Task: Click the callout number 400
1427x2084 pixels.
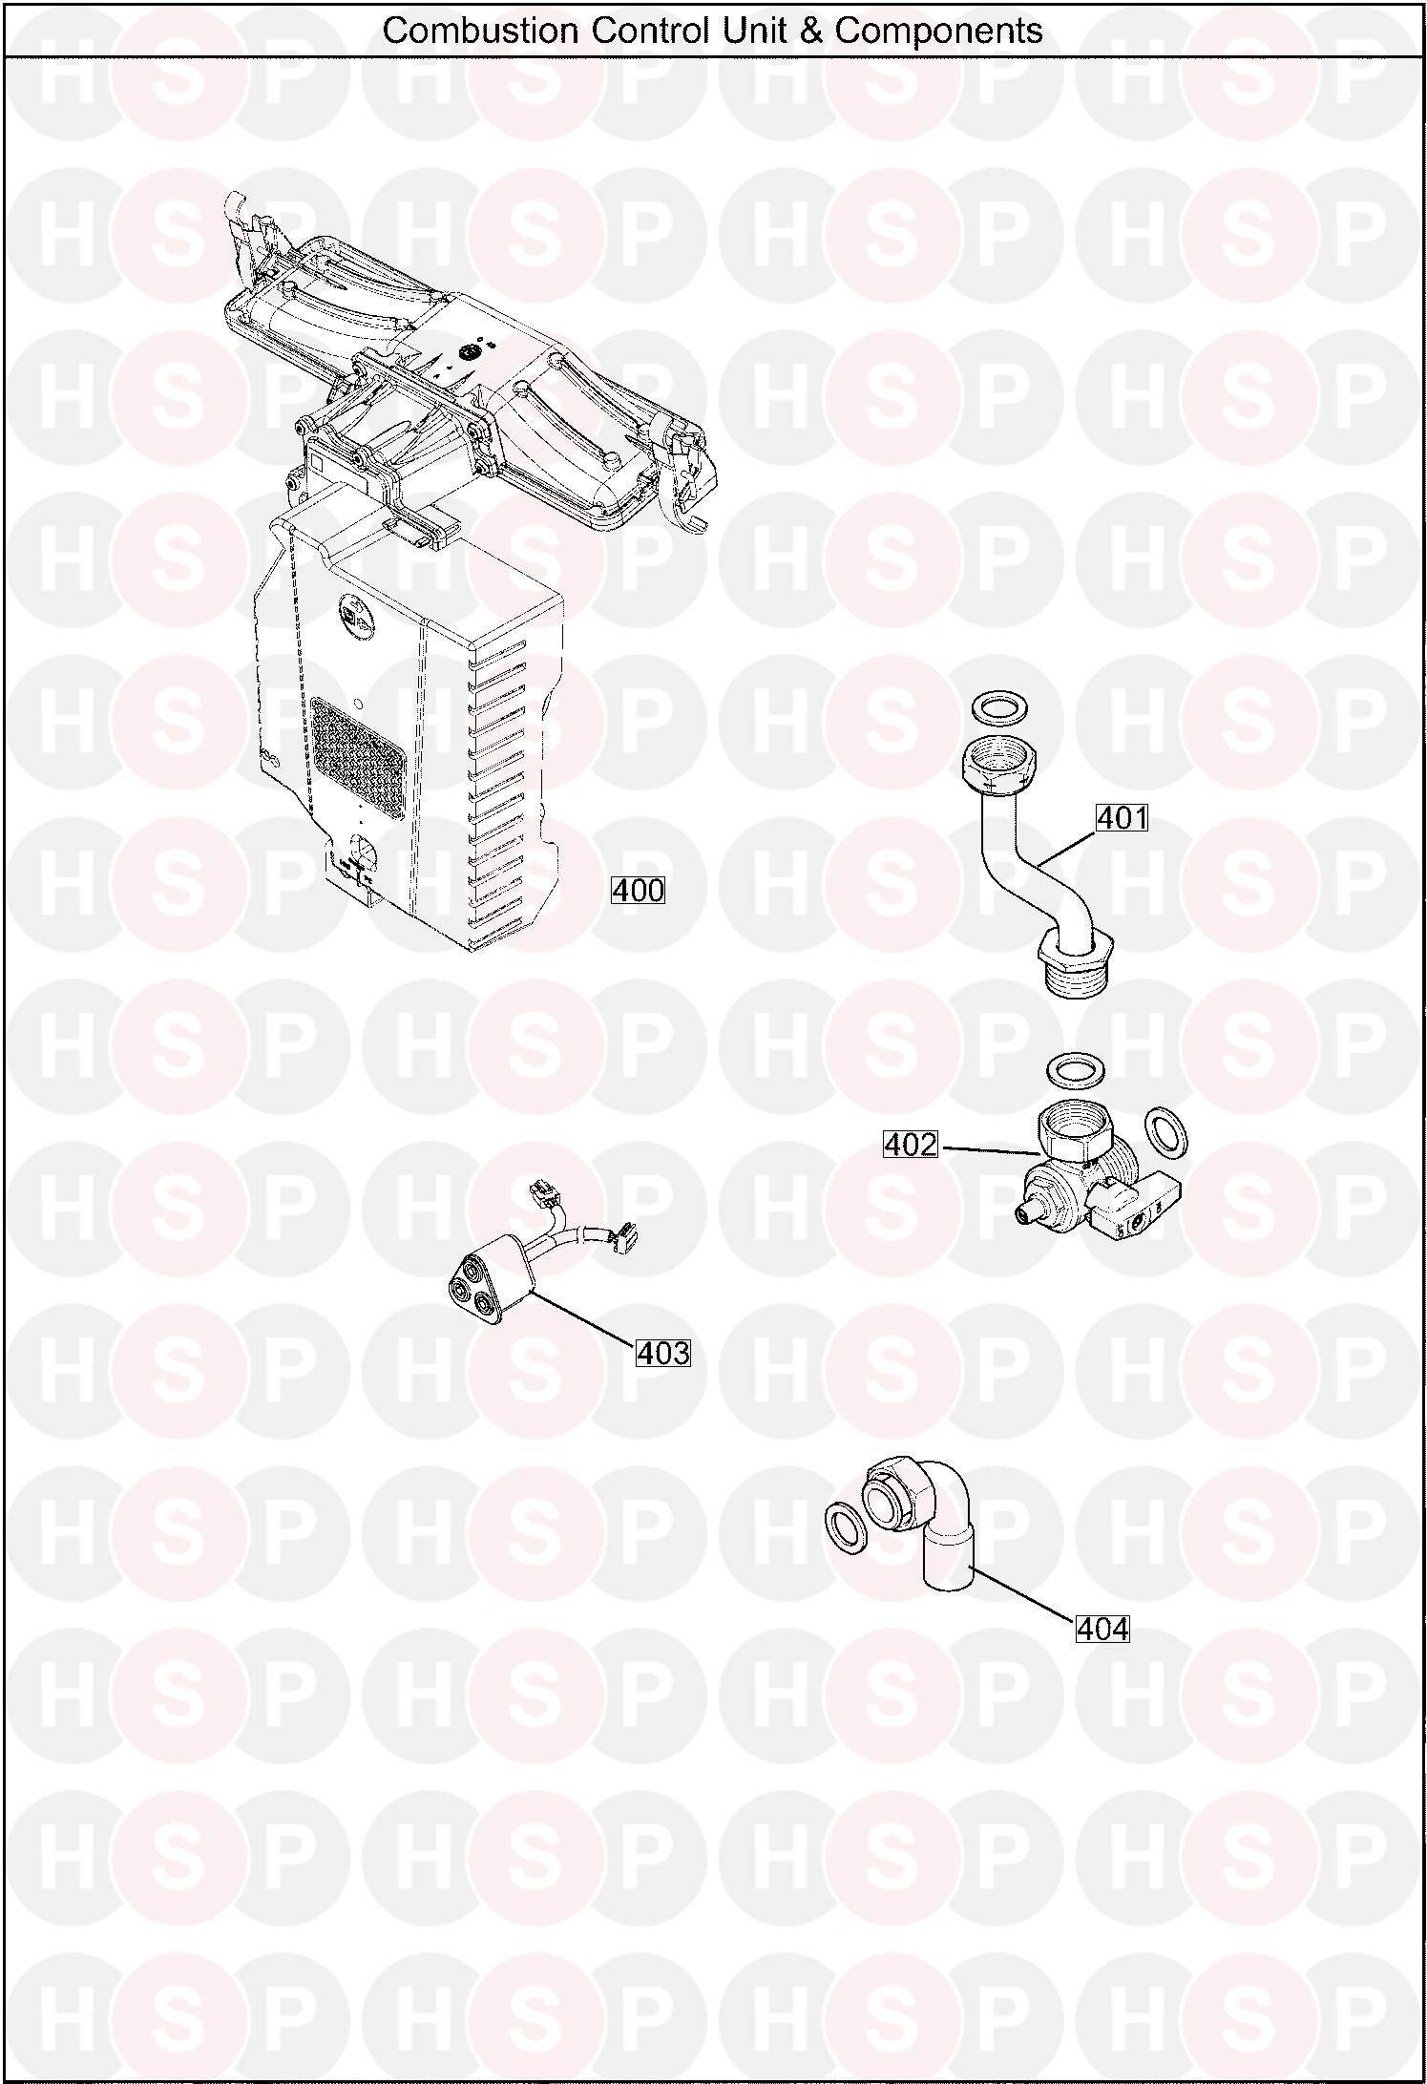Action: [638, 891]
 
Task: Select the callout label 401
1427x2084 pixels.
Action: [1122, 818]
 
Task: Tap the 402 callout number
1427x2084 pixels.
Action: [911, 1144]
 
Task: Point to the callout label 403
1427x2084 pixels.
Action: [662, 1353]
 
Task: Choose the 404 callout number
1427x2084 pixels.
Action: [1102, 1629]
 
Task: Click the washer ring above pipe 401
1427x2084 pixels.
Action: [998, 709]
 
